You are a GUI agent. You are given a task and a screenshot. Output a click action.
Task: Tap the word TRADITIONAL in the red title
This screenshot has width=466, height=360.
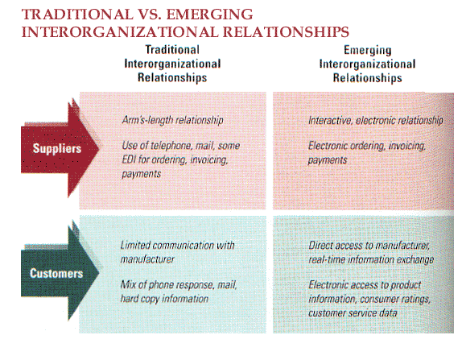click(x=77, y=14)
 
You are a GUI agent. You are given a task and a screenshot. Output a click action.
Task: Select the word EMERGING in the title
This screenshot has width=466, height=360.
click(x=209, y=14)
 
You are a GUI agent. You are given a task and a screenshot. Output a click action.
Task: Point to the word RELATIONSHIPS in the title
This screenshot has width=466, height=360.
click(x=286, y=31)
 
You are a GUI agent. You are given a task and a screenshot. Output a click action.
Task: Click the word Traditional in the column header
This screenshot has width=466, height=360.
click(x=172, y=50)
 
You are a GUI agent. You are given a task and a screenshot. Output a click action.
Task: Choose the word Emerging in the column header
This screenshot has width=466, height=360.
click(x=368, y=50)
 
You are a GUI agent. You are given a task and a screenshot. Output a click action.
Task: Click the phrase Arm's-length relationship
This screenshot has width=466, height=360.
click(x=173, y=120)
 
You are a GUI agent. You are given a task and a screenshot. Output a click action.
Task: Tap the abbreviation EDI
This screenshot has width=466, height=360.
click(x=129, y=159)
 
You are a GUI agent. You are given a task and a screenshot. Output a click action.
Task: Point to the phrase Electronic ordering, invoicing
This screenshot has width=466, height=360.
click(x=367, y=146)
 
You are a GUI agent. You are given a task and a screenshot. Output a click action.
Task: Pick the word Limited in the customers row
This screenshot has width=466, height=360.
click(x=135, y=246)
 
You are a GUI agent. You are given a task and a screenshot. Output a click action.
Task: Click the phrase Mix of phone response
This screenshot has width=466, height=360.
click(x=167, y=285)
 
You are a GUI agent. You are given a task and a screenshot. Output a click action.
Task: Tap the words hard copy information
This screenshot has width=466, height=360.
click(x=164, y=299)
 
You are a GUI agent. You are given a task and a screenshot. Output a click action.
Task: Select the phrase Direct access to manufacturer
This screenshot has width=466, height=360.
click(x=369, y=246)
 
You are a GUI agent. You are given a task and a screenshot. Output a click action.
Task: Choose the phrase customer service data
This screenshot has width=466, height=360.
click(x=353, y=313)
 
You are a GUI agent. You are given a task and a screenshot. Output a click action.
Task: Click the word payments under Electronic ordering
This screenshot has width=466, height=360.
click(x=328, y=160)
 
